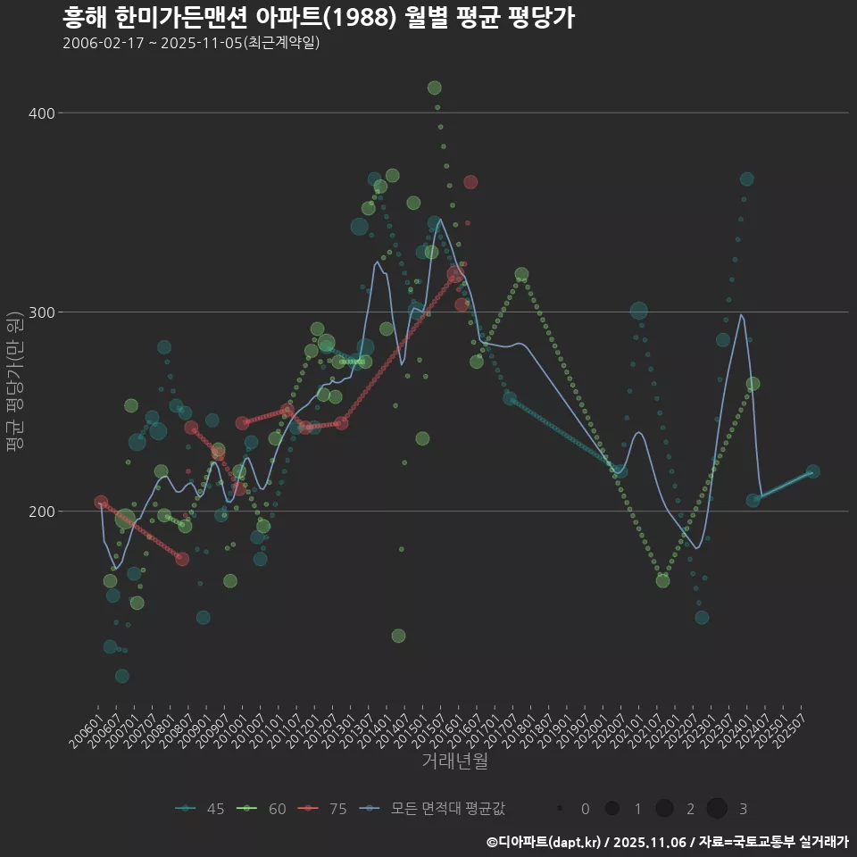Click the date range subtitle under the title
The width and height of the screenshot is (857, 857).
pyautogui.click(x=191, y=43)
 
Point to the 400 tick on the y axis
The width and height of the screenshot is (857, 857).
pyautogui.click(x=44, y=113)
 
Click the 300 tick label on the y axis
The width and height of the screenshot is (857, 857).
pyautogui.click(x=44, y=312)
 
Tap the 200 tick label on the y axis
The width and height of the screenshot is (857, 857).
pyautogui.click(x=44, y=512)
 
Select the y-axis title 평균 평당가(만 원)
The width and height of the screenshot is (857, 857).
pyautogui.click(x=13, y=384)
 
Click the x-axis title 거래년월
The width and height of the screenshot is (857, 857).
pyautogui.click(x=454, y=761)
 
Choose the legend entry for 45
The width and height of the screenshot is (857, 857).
pyautogui.click(x=201, y=809)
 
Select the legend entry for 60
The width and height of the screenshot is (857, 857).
pyautogui.click(x=262, y=809)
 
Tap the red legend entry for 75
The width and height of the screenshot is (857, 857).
pyautogui.click(x=323, y=809)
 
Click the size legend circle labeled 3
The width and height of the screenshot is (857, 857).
pyautogui.click(x=717, y=809)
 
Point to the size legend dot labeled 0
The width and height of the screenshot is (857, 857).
pyautogui.click(x=559, y=809)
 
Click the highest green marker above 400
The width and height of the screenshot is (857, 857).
pyautogui.click(x=435, y=87)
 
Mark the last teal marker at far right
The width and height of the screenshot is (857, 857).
pyautogui.click(x=812, y=472)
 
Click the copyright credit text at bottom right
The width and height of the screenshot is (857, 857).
pyautogui.click(x=667, y=842)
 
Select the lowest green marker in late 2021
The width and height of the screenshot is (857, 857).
pyautogui.click(x=662, y=581)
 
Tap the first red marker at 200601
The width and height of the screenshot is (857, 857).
pyautogui.click(x=101, y=503)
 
